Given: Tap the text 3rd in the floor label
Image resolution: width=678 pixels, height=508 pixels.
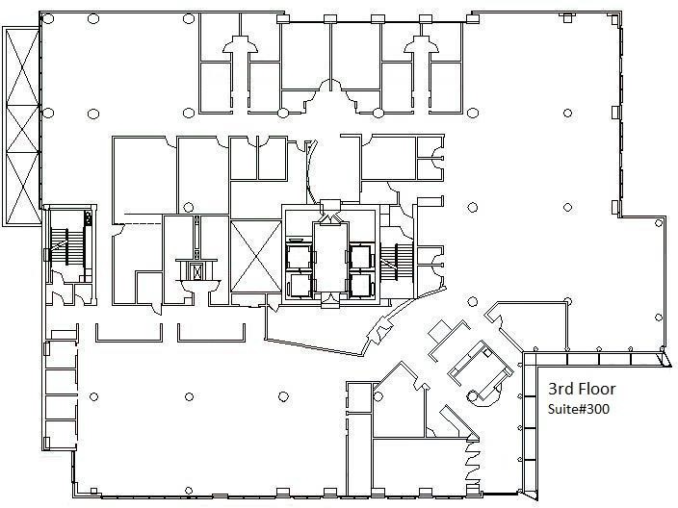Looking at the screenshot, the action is [558, 389].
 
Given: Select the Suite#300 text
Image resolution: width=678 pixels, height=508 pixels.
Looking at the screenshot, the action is [579, 409].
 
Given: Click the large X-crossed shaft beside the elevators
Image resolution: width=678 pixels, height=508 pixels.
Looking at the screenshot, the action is [255, 256].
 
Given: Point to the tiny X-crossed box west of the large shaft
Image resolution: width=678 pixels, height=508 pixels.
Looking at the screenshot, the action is [197, 271].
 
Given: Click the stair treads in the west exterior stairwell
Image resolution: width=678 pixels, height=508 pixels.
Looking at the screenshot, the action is [60, 246].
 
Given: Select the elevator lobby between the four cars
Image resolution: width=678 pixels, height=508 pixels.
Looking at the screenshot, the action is [330, 257].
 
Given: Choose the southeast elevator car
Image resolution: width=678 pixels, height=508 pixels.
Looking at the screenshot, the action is [360, 285].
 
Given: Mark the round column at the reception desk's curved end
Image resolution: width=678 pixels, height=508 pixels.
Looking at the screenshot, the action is [472, 394].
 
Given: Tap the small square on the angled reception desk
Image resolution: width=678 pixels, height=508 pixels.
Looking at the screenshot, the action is [487, 353].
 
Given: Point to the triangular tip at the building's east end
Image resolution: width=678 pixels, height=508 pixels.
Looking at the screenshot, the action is [665, 360].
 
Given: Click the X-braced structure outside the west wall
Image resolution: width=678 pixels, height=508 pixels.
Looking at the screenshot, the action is [21, 126].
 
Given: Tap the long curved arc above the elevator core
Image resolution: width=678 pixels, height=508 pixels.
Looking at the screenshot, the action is [311, 170].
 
